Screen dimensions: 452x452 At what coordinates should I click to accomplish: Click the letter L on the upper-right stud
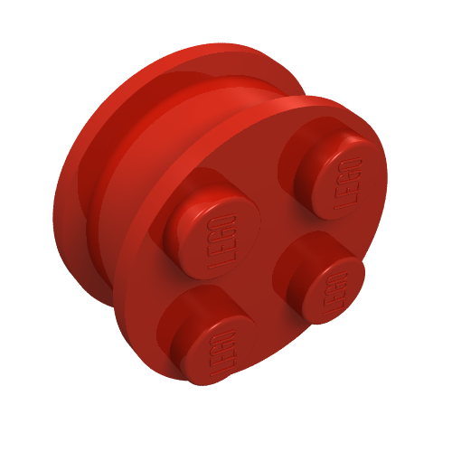pos(344,203)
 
